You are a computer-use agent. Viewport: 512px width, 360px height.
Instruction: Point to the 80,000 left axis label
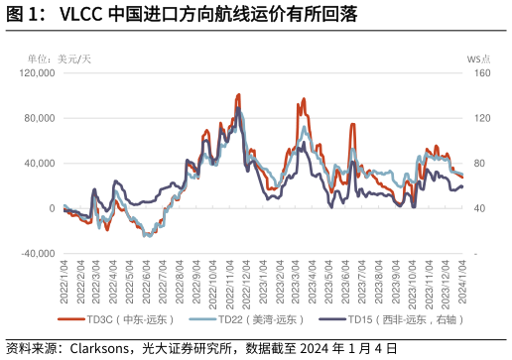coord(39,118)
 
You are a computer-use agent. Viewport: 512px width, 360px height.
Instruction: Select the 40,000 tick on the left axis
coord(39,164)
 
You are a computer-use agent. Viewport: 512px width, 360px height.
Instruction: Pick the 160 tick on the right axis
coord(476,73)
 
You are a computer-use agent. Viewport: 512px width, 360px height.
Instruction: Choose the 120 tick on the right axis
coord(476,118)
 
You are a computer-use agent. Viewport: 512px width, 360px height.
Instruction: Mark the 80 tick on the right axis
coord(474,164)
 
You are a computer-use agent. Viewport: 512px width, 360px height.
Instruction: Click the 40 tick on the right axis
coord(474,208)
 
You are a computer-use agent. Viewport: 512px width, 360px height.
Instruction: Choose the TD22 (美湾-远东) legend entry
coord(261,319)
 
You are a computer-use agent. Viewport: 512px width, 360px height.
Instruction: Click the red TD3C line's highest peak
coord(238,95)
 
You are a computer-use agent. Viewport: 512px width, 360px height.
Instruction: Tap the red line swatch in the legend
coord(71,319)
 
